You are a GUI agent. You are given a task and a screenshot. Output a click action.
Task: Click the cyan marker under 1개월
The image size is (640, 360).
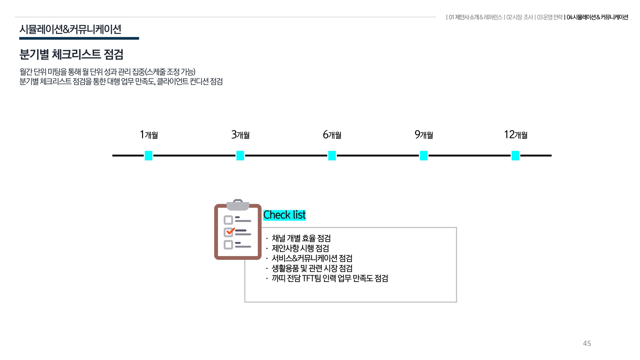148,156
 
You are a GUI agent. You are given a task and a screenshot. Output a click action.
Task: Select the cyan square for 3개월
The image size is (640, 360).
240,156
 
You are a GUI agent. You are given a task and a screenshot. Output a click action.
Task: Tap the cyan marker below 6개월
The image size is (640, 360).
332,156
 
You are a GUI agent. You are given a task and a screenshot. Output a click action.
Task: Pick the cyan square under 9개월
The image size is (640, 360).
424,156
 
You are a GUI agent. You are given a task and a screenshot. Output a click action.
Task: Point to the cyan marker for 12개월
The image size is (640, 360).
515,156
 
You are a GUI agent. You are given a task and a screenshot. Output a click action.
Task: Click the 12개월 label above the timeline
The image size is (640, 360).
516,135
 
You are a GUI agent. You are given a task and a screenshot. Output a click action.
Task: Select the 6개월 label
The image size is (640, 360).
332,135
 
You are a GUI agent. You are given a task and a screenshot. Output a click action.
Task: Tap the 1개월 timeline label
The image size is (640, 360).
149,135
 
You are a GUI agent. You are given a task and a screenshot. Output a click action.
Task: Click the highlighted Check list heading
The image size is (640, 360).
284,215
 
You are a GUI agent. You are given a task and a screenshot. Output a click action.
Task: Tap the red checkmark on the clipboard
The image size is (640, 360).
230,231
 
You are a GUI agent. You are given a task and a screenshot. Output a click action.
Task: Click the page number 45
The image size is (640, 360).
587,343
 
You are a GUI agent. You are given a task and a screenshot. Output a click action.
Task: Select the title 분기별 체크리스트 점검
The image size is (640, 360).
71,54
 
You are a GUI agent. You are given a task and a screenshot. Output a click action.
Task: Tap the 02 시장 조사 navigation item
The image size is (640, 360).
520,17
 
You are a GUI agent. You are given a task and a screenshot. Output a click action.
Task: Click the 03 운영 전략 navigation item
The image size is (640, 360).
550,17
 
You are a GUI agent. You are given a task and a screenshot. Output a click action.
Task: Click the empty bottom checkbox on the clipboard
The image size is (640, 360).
228,245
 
